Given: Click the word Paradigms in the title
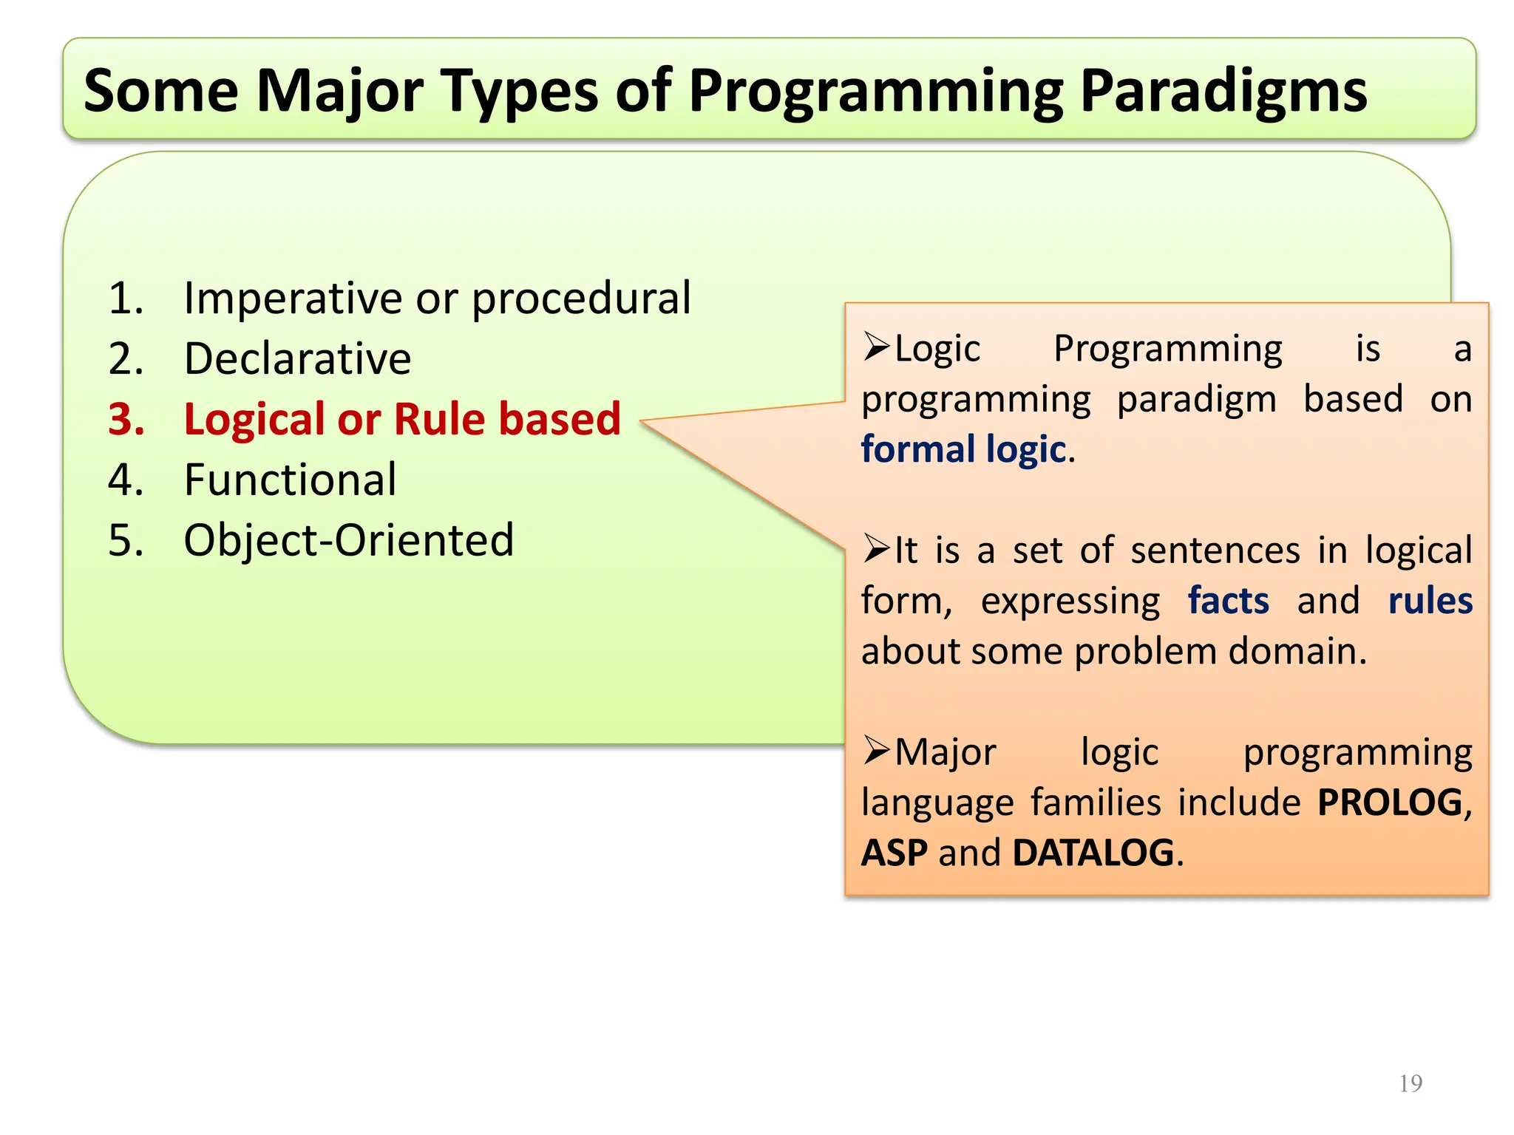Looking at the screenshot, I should pos(1223,92).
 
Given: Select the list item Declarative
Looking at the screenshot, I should pos(297,359).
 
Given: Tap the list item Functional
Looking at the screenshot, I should pos(290,480).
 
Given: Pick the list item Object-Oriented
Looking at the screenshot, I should pos(348,540).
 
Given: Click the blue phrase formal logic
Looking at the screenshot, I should pos(963,449).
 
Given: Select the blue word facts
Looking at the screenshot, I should pos(1228,601).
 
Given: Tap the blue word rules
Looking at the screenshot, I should pos(1430,601).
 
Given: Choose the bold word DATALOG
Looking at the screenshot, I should pos(1093,853).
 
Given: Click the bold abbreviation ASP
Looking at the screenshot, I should pos(894,853).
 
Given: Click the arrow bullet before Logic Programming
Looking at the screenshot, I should pos(877,347).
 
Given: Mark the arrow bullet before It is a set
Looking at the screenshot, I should pos(877,549).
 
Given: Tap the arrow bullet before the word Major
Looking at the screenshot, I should pos(877,751).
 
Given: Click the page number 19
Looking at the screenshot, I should pos(1411,1083).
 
